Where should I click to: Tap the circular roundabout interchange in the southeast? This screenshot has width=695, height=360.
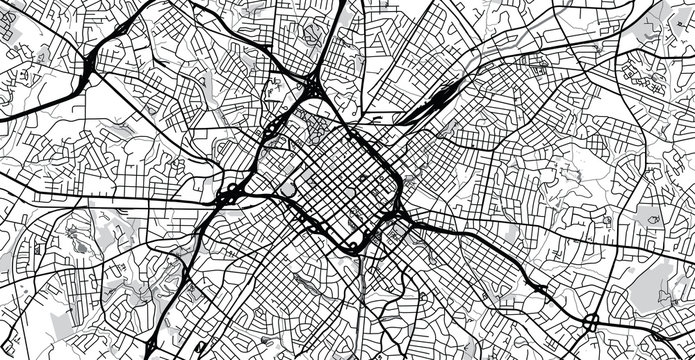tap(590, 321)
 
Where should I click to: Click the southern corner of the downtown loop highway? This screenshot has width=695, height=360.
tap(352, 246)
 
